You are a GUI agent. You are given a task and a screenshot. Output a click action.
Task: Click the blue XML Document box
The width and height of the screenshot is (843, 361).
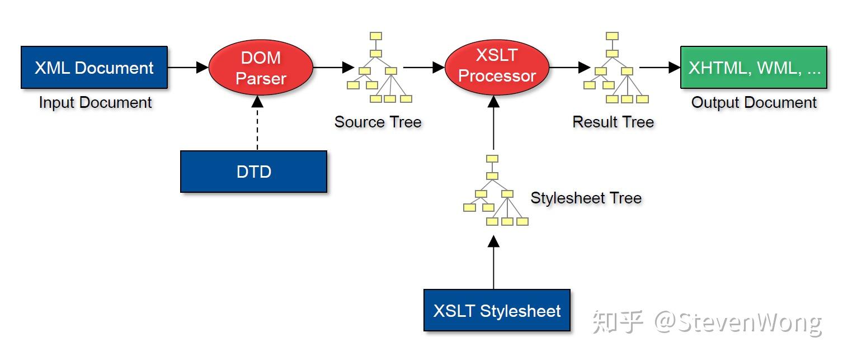coord(94,67)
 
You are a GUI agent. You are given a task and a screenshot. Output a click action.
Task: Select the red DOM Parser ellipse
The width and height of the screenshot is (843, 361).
coord(261,68)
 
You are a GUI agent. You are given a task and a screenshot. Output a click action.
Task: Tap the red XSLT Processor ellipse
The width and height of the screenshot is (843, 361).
coord(497,67)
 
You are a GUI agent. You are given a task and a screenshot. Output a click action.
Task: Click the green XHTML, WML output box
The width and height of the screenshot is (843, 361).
coord(754,67)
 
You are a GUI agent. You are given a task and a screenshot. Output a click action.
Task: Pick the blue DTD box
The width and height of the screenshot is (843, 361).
coord(253,172)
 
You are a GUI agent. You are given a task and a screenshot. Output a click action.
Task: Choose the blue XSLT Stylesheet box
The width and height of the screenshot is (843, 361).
coord(497,310)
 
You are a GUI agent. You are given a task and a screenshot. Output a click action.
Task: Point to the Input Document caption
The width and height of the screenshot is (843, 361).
coord(95,103)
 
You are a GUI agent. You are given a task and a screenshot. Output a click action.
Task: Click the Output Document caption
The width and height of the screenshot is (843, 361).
coord(754,103)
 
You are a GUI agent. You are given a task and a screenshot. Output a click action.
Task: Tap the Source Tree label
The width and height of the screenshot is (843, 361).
coord(378,122)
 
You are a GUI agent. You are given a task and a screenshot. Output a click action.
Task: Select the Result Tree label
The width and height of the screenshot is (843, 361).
coord(613,122)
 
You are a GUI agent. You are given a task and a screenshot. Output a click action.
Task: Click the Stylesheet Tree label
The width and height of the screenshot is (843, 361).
coord(586,198)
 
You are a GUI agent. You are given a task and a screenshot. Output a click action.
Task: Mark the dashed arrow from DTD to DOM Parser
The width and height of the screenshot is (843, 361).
coord(257,123)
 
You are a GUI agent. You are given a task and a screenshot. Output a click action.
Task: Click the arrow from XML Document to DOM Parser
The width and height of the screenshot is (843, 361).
coord(188,68)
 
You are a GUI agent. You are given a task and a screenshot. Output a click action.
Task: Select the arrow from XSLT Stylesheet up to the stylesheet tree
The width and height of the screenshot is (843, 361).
coord(493,263)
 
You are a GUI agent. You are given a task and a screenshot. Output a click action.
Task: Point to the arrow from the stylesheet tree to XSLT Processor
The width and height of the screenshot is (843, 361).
coord(493,122)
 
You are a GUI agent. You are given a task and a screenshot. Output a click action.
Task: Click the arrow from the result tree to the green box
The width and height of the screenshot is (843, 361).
coord(660,68)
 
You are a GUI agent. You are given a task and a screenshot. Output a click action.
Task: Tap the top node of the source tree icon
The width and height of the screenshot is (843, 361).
coord(375,36)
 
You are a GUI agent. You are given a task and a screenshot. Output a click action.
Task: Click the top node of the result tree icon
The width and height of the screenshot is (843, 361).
coord(612,36)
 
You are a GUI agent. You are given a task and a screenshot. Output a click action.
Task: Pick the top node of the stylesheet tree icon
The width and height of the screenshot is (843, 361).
coord(492,159)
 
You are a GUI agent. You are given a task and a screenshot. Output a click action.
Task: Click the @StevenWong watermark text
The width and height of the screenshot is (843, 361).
coord(738,322)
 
